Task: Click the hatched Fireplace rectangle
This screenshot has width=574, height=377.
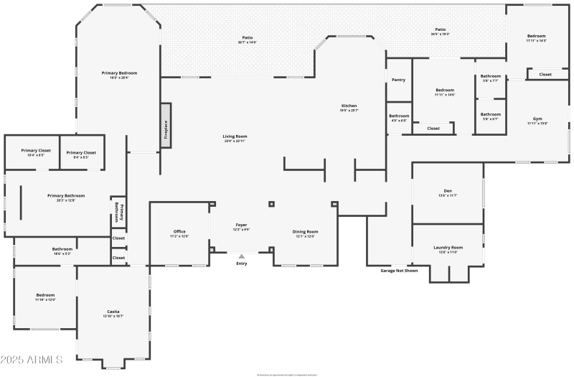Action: [x=166, y=126]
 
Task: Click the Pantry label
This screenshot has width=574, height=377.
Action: [x=398, y=80]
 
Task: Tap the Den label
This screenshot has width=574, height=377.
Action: [x=448, y=193]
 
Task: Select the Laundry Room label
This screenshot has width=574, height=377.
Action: [x=448, y=248]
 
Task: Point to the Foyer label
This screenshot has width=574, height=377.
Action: [x=241, y=226]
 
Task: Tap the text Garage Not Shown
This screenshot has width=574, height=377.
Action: [x=399, y=271]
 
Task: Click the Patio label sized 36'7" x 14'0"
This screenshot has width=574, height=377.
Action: [x=248, y=39]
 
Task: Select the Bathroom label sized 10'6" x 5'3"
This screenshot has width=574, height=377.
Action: [x=62, y=251]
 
